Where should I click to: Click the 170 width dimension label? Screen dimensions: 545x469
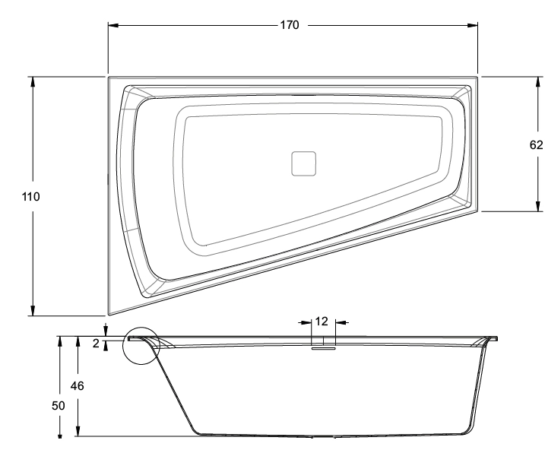click(x=290, y=25)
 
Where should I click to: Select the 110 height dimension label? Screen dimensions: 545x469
click(x=30, y=197)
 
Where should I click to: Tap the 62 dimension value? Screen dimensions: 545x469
click(x=536, y=144)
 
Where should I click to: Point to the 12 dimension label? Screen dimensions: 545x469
click(x=322, y=322)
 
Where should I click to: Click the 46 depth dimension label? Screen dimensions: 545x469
click(x=78, y=385)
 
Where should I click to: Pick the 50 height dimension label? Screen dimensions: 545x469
click(x=59, y=406)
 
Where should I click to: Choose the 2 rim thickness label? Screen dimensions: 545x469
click(x=97, y=344)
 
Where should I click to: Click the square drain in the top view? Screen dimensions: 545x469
click(x=303, y=163)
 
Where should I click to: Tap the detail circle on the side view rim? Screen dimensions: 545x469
click(x=141, y=328)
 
